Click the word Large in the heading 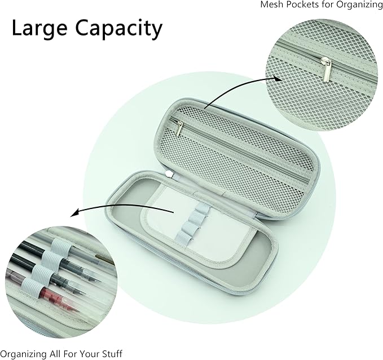point(39,29)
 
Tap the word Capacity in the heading point(118,29)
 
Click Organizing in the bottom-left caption point(24,354)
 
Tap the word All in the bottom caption point(55,353)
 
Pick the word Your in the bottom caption point(92,353)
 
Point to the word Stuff point(113,353)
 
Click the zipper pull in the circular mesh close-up point(327,70)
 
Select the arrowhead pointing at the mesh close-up point(277,78)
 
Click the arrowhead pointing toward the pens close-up point(75,213)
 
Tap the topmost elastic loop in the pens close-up point(60,247)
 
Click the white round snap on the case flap point(169,174)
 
